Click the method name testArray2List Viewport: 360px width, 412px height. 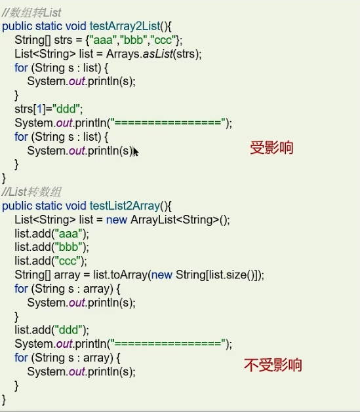coord(125,26)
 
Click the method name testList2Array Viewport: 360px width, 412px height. coord(125,206)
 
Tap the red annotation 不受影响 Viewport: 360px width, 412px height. coord(273,365)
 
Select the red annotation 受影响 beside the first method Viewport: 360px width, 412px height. coord(271,147)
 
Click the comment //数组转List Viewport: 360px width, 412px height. coord(31,12)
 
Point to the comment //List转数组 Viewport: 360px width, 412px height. coord(31,192)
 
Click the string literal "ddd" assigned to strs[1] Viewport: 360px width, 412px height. coord(66,109)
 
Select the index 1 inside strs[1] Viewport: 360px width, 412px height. coord(39,109)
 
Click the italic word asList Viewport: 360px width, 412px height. coord(158,54)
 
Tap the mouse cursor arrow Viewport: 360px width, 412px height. coord(136,152)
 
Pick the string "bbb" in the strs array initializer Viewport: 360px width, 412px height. coord(133,40)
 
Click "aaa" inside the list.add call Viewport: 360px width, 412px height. coord(68,234)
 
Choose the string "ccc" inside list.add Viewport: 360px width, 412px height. coord(68,261)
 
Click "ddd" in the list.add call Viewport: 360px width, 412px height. coord(68,330)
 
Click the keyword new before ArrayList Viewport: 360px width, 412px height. coord(117,220)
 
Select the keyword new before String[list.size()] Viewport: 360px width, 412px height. coord(162,275)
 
